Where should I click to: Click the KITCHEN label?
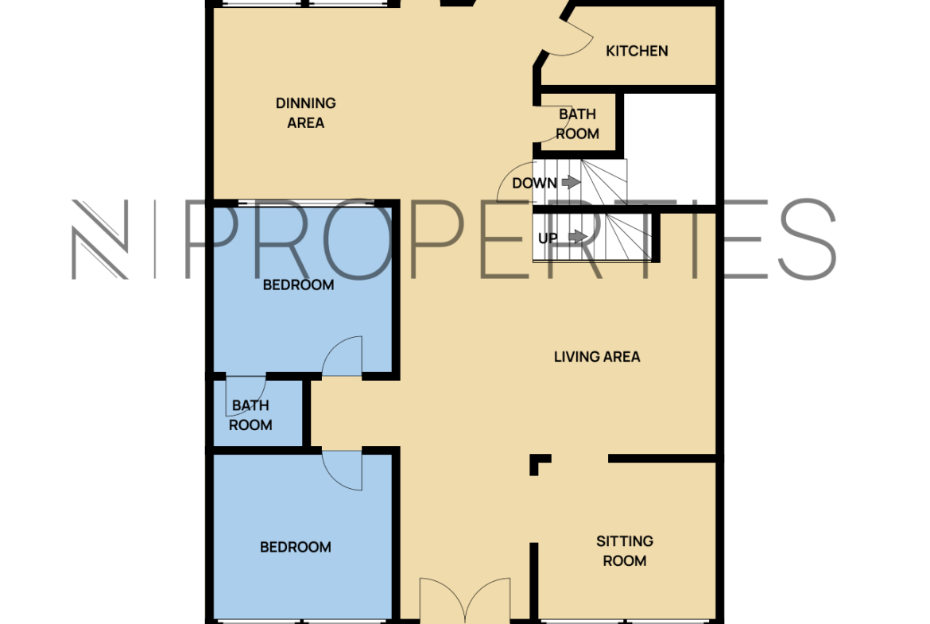(637, 51)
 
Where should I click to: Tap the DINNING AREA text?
(305, 113)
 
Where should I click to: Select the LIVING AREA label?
(597, 356)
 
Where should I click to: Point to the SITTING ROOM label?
(625, 550)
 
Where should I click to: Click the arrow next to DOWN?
(572, 182)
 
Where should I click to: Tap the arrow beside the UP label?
(579, 237)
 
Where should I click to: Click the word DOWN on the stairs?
(534, 184)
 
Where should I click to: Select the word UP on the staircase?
(548, 238)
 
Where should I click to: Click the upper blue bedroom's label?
(298, 285)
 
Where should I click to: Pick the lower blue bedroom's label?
(296, 547)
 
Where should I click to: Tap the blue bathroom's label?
(250, 415)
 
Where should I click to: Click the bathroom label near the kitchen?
(577, 124)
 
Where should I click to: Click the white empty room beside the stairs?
(670, 149)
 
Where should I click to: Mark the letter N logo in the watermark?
(100, 239)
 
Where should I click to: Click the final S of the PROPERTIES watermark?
(807, 239)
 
